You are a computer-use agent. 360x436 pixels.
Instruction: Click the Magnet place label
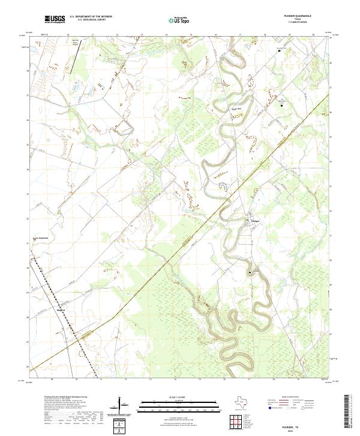tap(60, 310)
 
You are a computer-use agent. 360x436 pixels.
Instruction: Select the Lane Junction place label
tap(39, 238)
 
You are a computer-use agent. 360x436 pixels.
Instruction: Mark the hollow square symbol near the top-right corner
tap(278, 51)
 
